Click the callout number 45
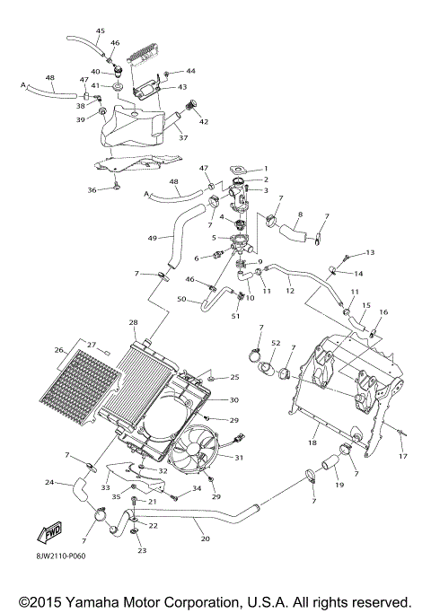point(100,31)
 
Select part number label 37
point(182,138)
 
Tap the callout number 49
point(153,238)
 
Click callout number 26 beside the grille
point(60,350)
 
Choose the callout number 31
point(239,458)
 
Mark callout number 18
point(312,443)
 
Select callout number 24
point(49,483)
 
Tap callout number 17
point(403,456)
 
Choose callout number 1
point(265,169)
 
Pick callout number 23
point(142,550)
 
